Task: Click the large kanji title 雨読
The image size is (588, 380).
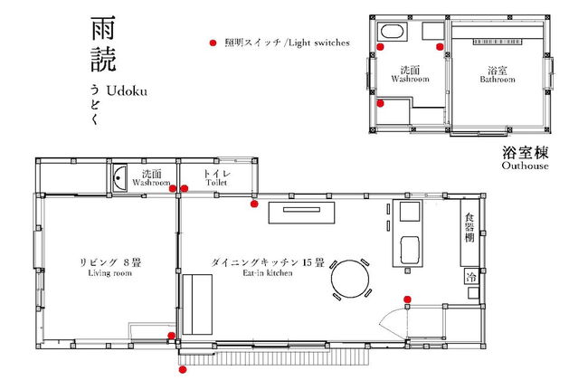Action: click(101, 45)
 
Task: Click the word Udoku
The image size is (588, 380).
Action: click(126, 91)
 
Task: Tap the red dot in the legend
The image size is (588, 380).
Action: click(213, 43)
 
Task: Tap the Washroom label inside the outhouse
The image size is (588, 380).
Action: click(409, 74)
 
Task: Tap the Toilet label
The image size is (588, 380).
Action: click(218, 177)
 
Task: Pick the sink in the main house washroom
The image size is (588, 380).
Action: click(120, 176)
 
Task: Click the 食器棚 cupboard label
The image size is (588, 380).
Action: click(469, 229)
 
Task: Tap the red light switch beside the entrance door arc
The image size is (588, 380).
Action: click(407, 299)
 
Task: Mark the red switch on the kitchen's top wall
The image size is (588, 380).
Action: click(255, 204)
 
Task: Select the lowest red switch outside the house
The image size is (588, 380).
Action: click(183, 369)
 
